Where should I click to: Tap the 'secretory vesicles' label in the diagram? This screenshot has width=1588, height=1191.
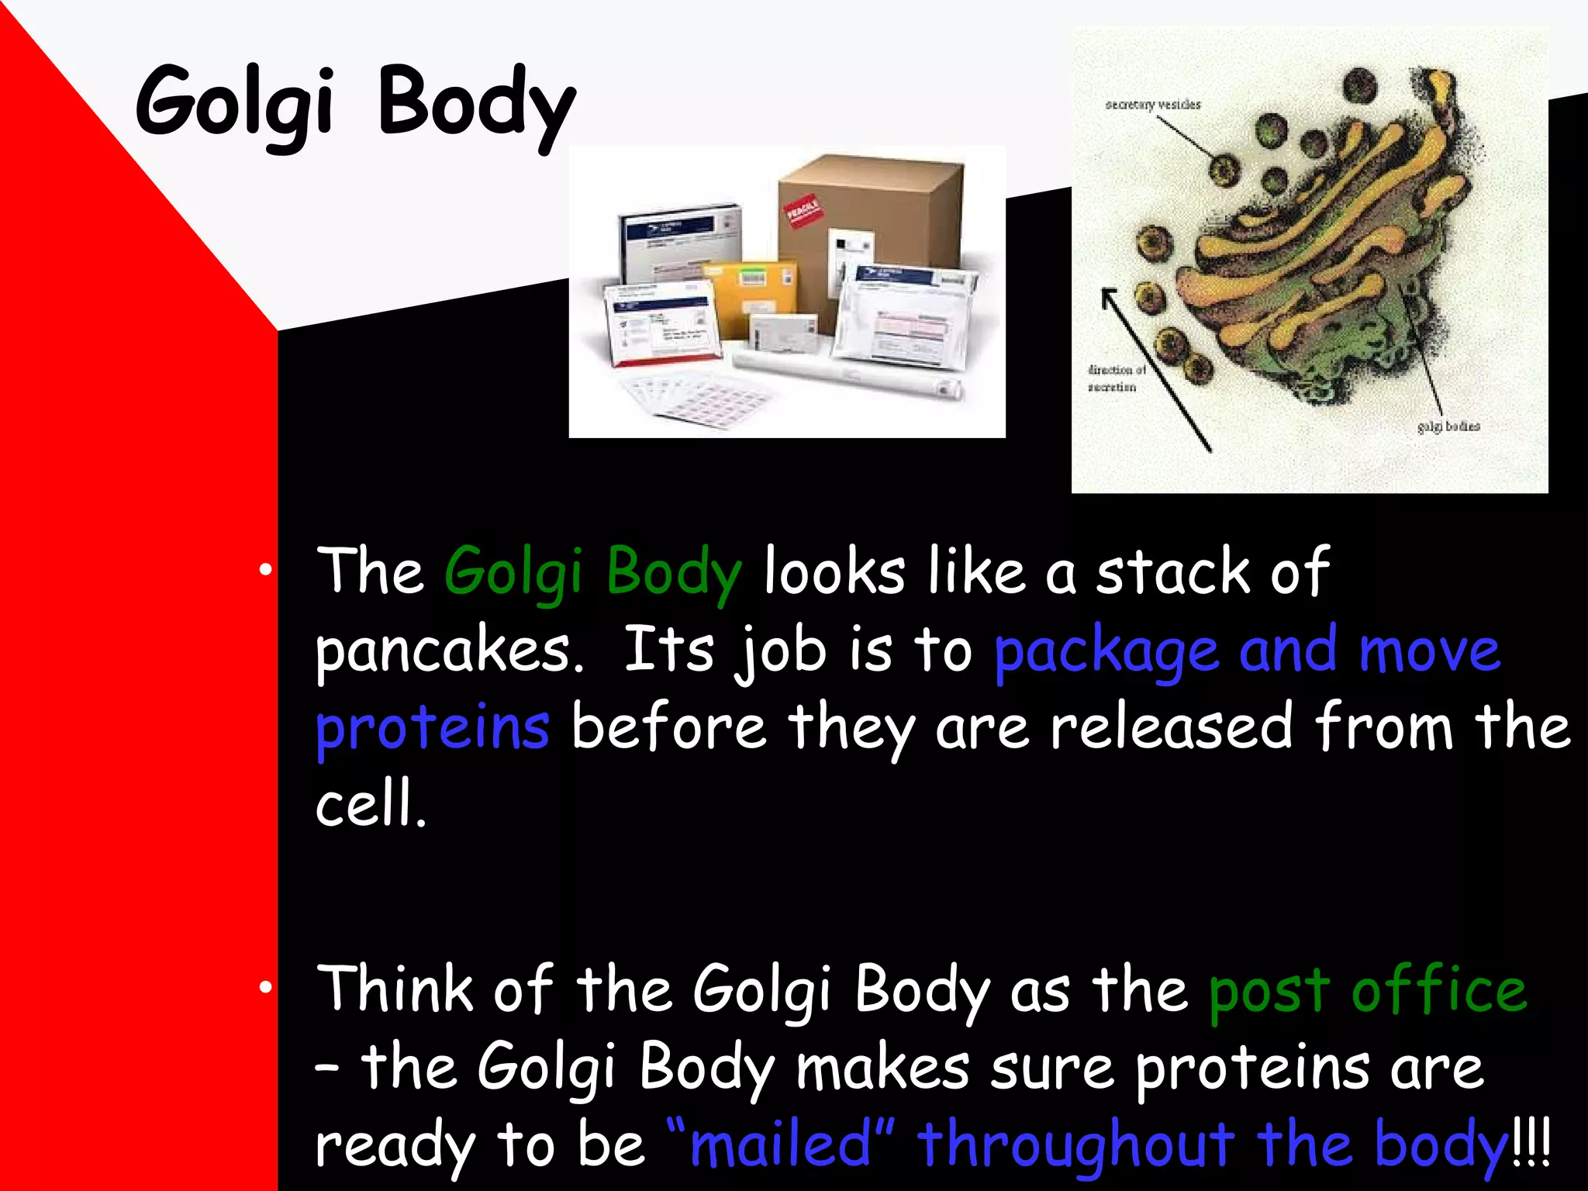(1152, 105)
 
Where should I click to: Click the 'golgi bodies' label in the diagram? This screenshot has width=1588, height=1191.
(1448, 426)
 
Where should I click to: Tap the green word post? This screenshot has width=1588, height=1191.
(1269, 991)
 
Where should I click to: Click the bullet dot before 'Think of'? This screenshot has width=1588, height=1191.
(266, 987)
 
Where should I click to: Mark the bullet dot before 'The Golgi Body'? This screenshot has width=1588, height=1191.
(266, 570)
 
